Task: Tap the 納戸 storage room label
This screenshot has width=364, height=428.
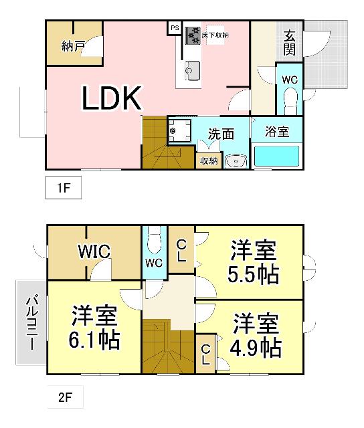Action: pyautogui.click(x=72, y=47)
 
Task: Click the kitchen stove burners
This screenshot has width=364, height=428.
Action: pyautogui.click(x=193, y=34)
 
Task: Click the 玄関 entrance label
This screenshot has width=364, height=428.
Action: pyautogui.click(x=289, y=43)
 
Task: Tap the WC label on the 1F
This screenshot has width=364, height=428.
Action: pyautogui.click(x=289, y=80)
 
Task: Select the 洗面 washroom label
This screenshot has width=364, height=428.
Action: pyautogui.click(x=220, y=133)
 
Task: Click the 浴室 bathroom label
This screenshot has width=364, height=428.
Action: pyautogui.click(x=277, y=132)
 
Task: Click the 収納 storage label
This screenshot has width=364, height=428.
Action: pyautogui.click(x=208, y=160)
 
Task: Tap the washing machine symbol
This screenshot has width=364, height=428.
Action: pyautogui.click(x=178, y=130)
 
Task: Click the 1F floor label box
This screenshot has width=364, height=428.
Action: pyautogui.click(x=64, y=189)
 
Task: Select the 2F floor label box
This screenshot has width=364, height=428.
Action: pyautogui.click(x=64, y=399)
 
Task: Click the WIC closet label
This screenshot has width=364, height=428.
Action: pyautogui.click(x=94, y=251)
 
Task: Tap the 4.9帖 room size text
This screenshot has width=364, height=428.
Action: pyautogui.click(x=256, y=346)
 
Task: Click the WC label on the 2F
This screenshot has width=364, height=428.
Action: pyautogui.click(x=154, y=263)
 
